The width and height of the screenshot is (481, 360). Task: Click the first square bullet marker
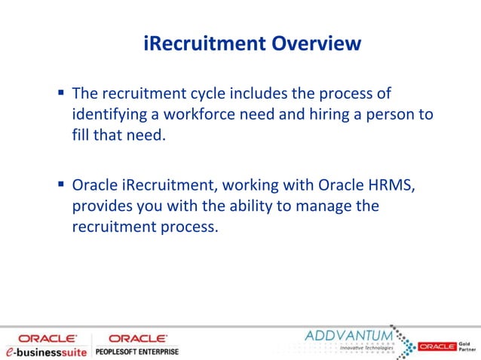click(60, 93)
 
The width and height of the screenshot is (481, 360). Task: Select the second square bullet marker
click(60, 184)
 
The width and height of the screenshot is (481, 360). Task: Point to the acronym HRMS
click(389, 185)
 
